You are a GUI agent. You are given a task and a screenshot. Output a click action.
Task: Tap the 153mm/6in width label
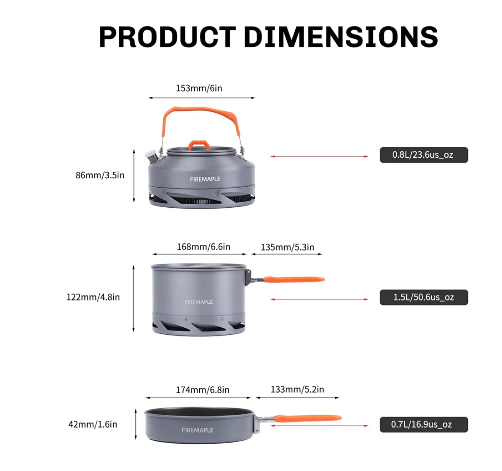tap(199, 88)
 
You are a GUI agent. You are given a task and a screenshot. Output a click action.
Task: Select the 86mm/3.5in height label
tap(100, 175)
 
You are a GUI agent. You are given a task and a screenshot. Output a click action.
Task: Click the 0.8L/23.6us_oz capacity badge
tap(424, 155)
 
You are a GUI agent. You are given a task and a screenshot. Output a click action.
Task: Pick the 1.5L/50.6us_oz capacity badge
tap(424, 297)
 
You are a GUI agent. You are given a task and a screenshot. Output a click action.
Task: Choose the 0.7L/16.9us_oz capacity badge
tap(424, 425)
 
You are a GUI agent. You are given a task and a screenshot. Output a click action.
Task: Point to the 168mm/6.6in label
tap(203, 247)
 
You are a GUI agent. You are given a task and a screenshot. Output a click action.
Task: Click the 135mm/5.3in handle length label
tap(288, 247)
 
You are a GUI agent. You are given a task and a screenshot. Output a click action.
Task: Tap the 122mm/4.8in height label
tap(93, 297)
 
